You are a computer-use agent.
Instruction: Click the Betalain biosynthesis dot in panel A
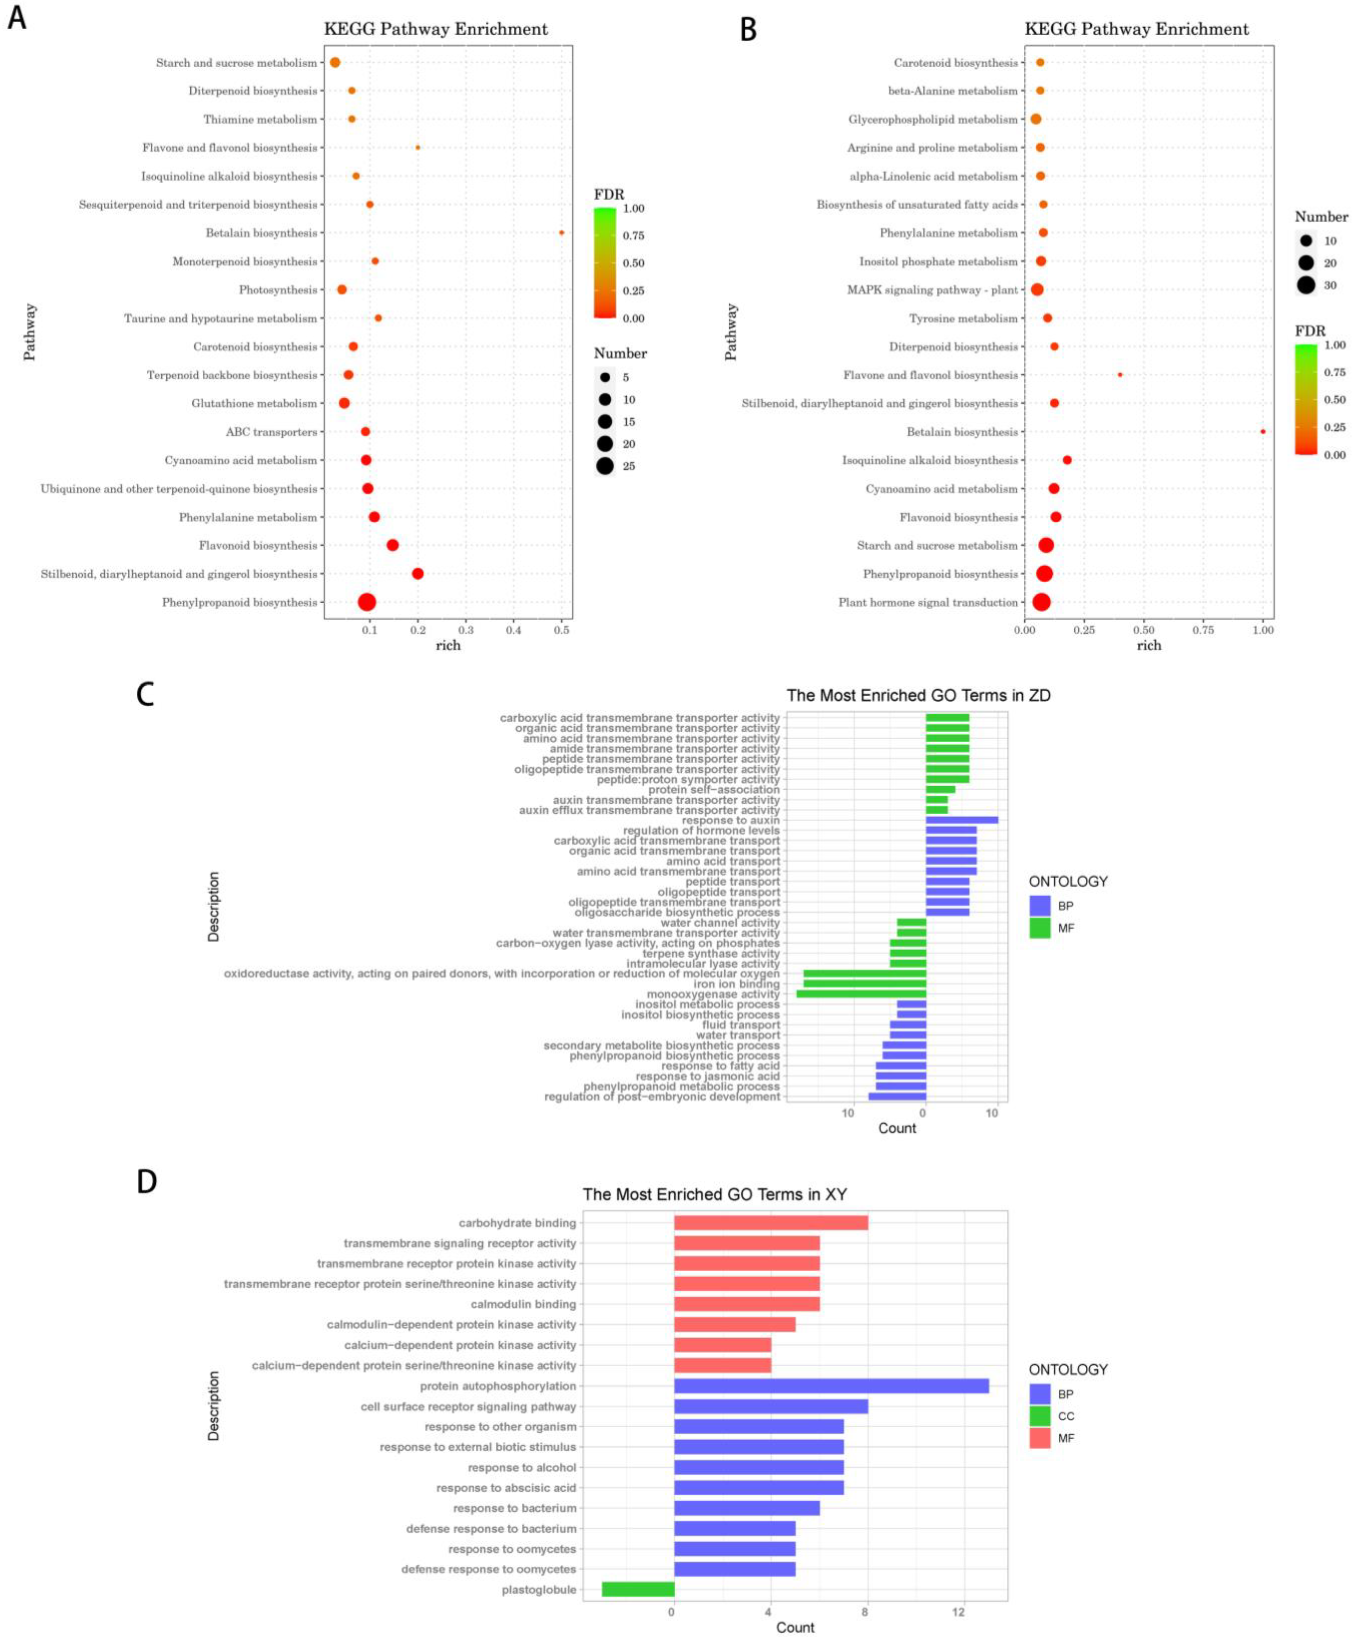coord(561,233)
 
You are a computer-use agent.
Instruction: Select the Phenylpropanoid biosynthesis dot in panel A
coord(367,602)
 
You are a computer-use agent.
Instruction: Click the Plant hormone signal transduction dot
coord(1041,602)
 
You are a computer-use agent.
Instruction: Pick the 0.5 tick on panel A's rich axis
coord(561,629)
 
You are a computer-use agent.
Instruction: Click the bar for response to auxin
coord(962,820)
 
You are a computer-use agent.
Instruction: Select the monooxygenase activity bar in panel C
coord(861,994)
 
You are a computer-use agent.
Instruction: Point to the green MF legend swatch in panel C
coord(1040,928)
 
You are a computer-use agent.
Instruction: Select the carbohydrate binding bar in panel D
coord(770,1223)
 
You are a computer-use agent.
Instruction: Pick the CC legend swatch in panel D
coord(1040,1416)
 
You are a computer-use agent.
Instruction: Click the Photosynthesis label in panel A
coord(278,290)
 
